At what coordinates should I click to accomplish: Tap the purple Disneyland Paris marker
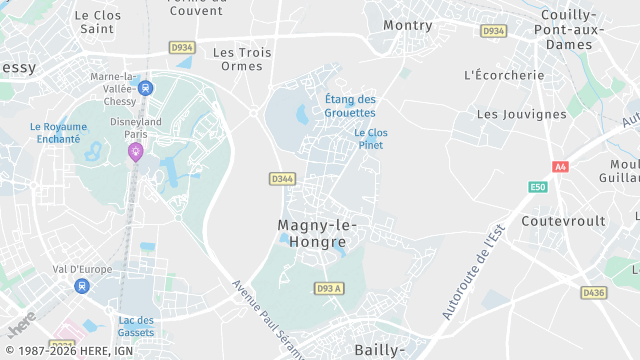(x=135, y=151)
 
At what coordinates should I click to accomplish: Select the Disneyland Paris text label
(x=135, y=128)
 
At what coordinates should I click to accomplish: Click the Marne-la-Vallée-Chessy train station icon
(x=146, y=88)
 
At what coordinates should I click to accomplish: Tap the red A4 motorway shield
(x=560, y=167)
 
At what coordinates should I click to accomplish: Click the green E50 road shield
(x=538, y=187)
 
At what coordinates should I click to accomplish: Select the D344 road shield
(x=282, y=179)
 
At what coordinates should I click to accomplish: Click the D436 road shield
(x=593, y=293)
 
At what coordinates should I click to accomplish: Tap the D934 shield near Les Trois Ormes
(x=182, y=47)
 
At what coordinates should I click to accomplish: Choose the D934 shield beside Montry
(x=493, y=31)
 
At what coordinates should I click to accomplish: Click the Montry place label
(x=408, y=24)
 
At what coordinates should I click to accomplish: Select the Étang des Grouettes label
(x=351, y=105)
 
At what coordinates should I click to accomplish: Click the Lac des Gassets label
(x=136, y=325)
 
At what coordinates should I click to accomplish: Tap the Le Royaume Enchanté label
(x=55, y=133)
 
